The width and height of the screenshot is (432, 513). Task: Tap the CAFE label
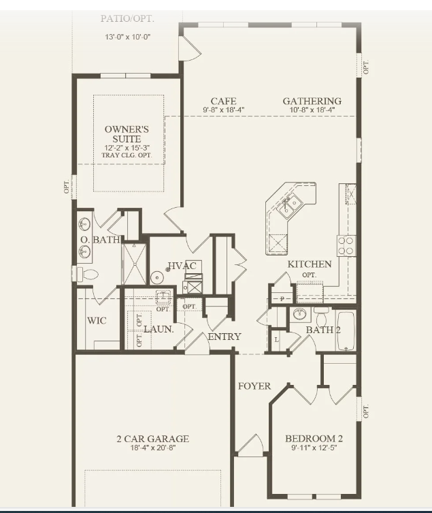[223, 102]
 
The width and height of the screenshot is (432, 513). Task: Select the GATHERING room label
[312, 102]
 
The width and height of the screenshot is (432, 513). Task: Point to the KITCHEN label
[310, 264]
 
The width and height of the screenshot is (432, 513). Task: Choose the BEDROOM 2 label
[314, 438]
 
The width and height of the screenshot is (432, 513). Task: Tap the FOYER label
[254, 386]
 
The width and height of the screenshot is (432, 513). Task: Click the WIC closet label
[97, 320]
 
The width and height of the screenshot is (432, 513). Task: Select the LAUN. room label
[159, 329]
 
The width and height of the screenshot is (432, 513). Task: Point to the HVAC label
[182, 266]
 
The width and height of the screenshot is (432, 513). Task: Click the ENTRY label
[225, 337]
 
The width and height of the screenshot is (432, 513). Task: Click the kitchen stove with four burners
[346, 245]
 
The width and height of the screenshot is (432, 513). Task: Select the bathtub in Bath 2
[346, 331]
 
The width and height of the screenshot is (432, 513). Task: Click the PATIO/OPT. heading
[127, 18]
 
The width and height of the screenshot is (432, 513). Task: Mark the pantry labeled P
[282, 298]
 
